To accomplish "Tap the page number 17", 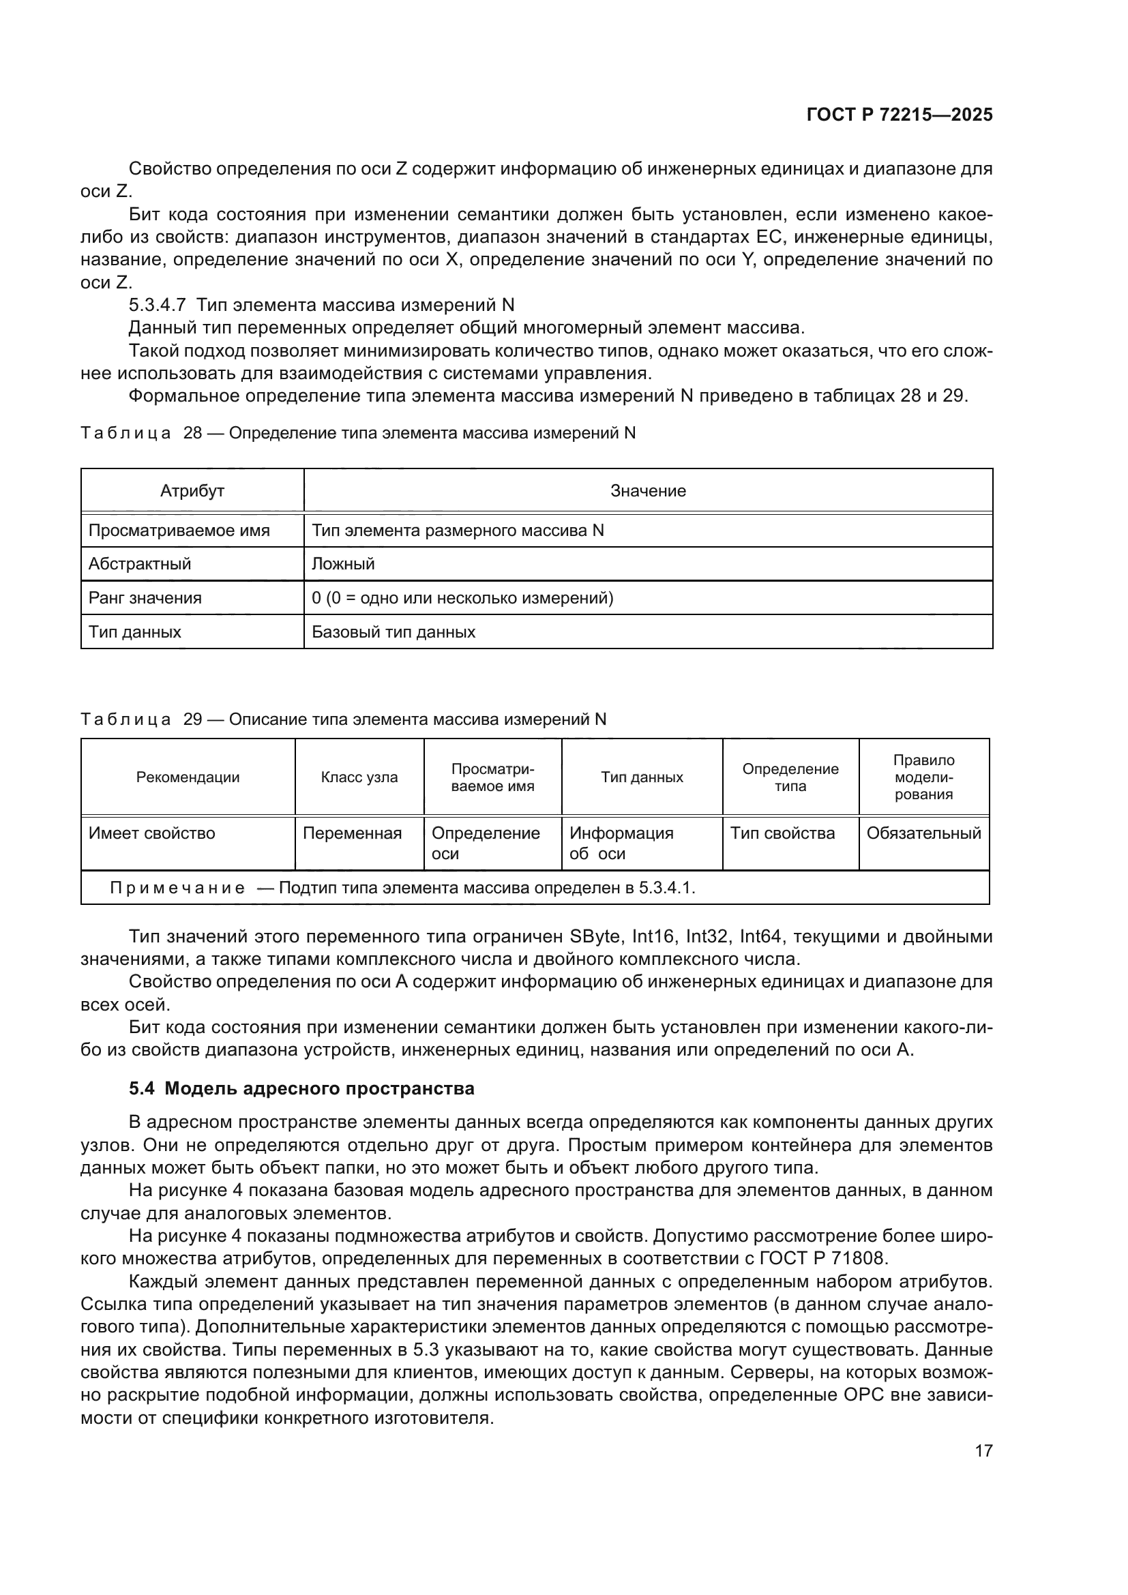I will [x=983, y=1451].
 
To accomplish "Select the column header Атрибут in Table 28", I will [x=192, y=491].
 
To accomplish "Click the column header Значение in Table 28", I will [x=647, y=491].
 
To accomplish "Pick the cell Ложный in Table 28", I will [x=343, y=564].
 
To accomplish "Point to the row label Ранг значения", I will [x=145, y=598].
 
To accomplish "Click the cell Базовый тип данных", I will [x=393, y=632].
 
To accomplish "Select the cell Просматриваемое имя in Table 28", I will [x=179, y=531].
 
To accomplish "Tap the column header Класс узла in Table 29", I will [x=359, y=777].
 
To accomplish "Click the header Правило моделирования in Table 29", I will [x=923, y=777].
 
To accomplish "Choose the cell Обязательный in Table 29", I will [x=923, y=833].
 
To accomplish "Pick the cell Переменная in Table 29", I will [x=352, y=833].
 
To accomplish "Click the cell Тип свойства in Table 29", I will [x=782, y=833].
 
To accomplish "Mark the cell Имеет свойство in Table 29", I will [x=151, y=833].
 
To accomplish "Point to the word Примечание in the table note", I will [x=177, y=889].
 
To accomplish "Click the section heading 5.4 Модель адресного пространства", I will [x=301, y=1088].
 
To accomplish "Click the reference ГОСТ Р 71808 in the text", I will [x=823, y=1258].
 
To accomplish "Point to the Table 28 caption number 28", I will [x=192, y=434].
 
